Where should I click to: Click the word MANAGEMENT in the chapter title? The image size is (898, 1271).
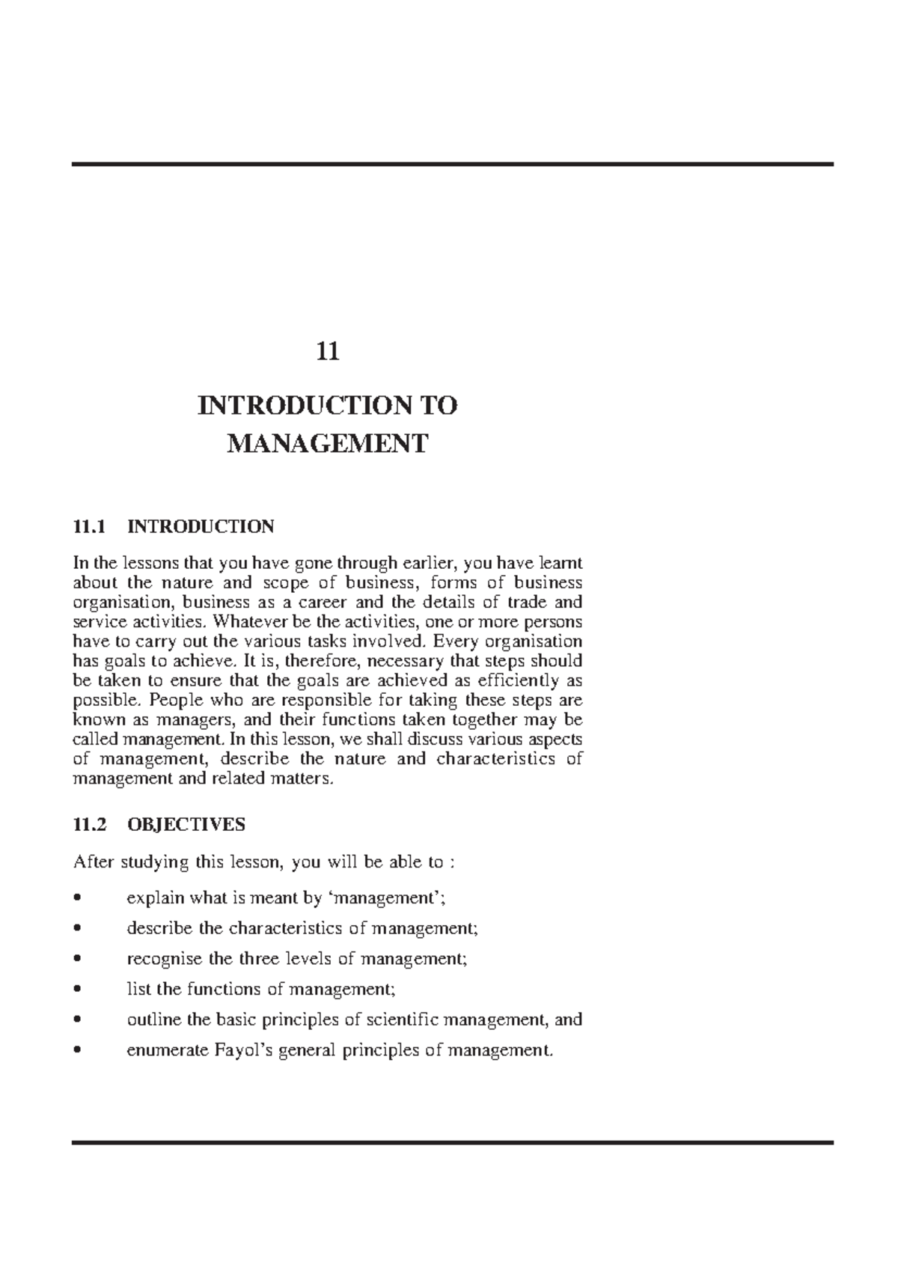coord(327,444)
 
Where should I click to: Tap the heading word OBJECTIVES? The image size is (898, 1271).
coord(186,825)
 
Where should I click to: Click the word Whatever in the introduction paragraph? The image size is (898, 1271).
coord(244,622)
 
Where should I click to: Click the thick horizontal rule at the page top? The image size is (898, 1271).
coord(452,164)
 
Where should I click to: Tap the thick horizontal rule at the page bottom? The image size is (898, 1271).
coord(452,1143)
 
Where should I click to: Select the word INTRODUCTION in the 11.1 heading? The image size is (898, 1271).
coord(201,527)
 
